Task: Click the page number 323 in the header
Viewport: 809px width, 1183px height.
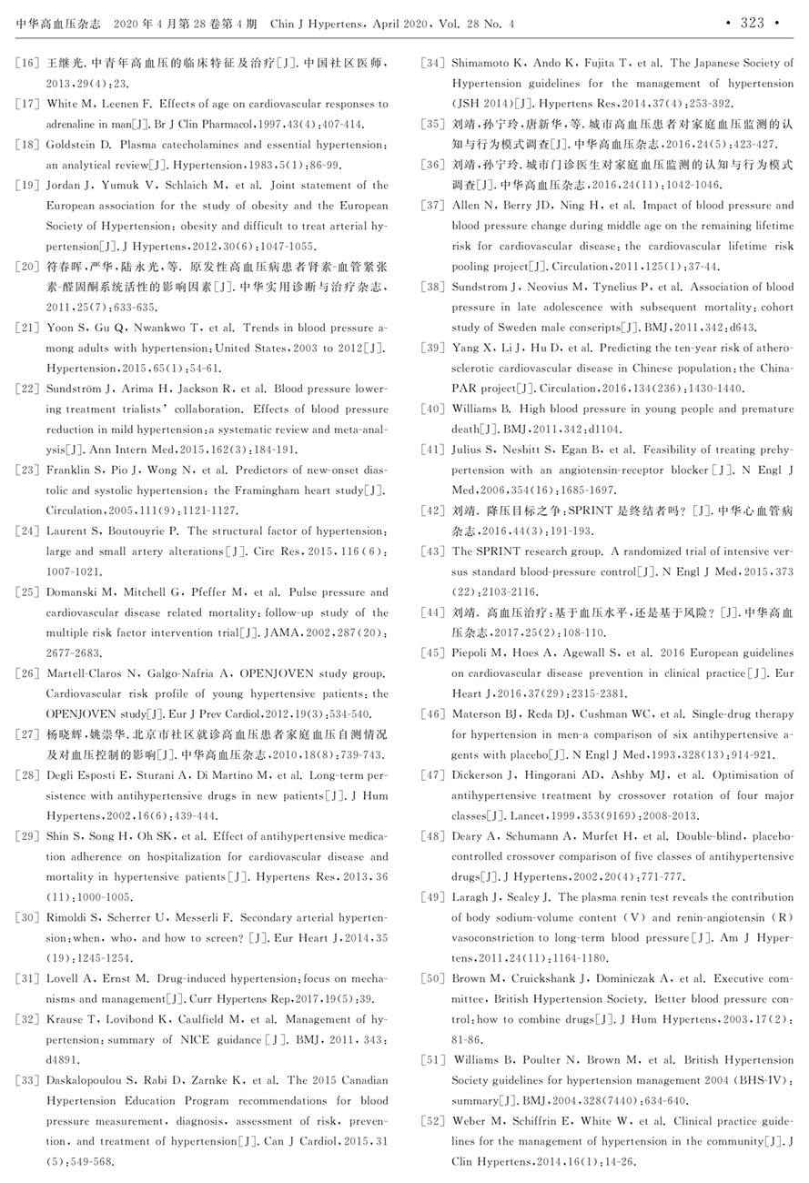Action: point(752,23)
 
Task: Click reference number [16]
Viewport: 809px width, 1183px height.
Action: point(28,64)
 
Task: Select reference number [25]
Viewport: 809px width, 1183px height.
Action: point(28,592)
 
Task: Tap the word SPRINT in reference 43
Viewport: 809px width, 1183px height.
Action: point(501,551)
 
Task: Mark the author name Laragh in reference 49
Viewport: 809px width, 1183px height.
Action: point(472,897)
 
